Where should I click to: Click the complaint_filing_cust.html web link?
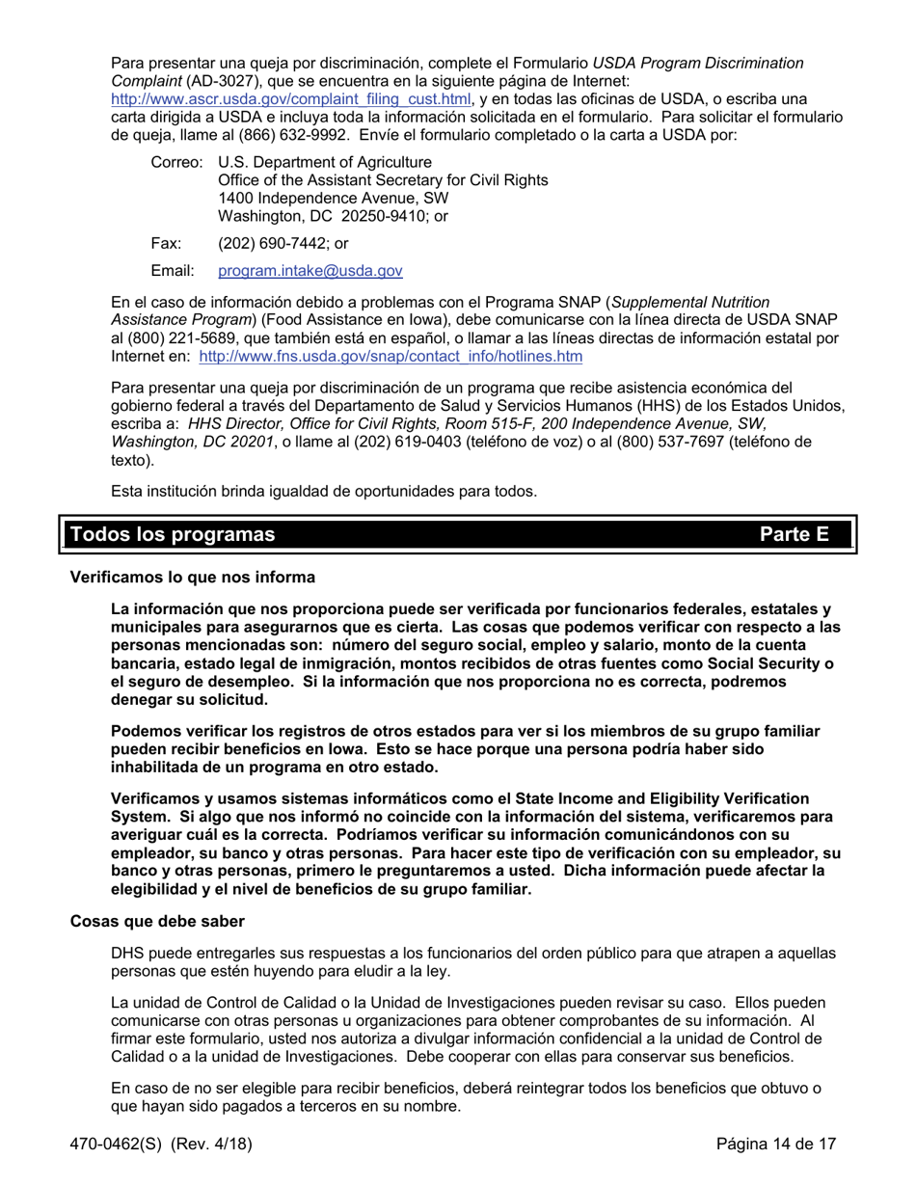coord(291,99)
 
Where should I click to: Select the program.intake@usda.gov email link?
coord(310,272)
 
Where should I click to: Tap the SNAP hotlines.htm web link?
coord(391,357)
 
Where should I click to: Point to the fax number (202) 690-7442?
coord(267,244)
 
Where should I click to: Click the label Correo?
coord(177,162)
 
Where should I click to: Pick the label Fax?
coord(166,244)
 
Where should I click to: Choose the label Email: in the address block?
coord(173,272)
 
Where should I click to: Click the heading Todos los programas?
coord(173,534)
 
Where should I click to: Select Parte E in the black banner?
coord(794,534)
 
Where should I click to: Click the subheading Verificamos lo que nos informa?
coord(192,578)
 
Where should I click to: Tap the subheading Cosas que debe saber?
coord(157,921)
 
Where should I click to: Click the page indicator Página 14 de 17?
coord(775,1145)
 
